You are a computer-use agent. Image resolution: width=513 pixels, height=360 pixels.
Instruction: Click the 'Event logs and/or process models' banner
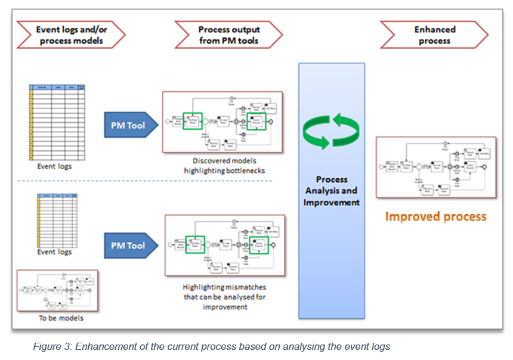tap(69, 35)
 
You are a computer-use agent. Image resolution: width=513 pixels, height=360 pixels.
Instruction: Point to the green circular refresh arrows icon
tap(332, 132)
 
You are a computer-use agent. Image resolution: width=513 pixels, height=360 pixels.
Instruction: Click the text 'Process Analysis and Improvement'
tap(332, 191)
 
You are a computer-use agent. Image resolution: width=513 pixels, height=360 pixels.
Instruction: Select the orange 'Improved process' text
tap(435, 216)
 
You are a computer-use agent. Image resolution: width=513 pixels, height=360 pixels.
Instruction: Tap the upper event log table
tap(57, 122)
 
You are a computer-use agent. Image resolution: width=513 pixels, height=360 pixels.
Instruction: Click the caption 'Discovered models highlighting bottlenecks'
tap(223, 166)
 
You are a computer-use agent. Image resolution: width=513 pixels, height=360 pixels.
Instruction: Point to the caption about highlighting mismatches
tap(224, 296)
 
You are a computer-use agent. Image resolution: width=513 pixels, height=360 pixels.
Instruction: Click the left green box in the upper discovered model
tap(194, 121)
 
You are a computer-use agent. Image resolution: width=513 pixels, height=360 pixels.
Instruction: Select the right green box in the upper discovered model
tap(257, 122)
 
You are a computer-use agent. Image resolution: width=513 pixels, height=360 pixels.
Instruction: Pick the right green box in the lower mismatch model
tap(258, 244)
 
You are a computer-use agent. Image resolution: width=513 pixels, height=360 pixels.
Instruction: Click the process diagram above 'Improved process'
tap(436, 167)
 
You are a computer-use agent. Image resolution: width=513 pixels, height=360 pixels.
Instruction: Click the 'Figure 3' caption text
tap(211, 346)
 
